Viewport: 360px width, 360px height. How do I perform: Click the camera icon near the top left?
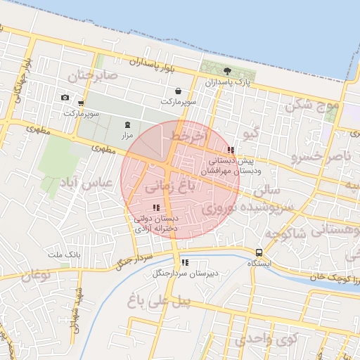tap(65, 98)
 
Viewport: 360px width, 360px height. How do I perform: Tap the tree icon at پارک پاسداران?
tap(227, 71)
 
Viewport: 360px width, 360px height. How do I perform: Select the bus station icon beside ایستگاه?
tap(259, 252)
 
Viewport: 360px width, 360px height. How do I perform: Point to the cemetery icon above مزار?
tap(127, 124)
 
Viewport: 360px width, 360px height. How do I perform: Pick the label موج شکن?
tap(311, 105)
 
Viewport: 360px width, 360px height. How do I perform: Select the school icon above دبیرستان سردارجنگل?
tap(184, 263)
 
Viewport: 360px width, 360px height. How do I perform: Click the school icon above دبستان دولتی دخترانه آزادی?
tap(156, 207)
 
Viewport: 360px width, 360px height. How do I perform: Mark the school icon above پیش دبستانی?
tap(231, 150)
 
